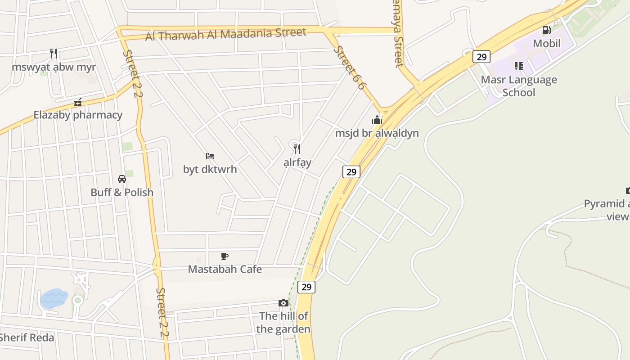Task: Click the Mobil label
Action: (547, 44)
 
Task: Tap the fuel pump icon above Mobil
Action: (547, 30)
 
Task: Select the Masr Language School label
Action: (519, 86)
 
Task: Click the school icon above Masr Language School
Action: (519, 66)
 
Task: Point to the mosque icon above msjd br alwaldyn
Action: (377, 120)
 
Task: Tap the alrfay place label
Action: (297, 162)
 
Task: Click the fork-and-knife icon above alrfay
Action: (297, 148)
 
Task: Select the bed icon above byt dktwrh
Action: (210, 156)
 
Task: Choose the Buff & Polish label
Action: (122, 192)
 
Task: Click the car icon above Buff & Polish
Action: (122, 179)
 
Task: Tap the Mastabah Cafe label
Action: (225, 269)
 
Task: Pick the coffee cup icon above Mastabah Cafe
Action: (225, 256)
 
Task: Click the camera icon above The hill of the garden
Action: (283, 303)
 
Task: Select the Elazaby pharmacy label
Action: (78, 115)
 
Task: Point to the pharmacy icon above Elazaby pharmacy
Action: (78, 102)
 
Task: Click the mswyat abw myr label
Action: (54, 67)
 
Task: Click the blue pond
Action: (53, 298)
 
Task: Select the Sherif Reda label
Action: (27, 337)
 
